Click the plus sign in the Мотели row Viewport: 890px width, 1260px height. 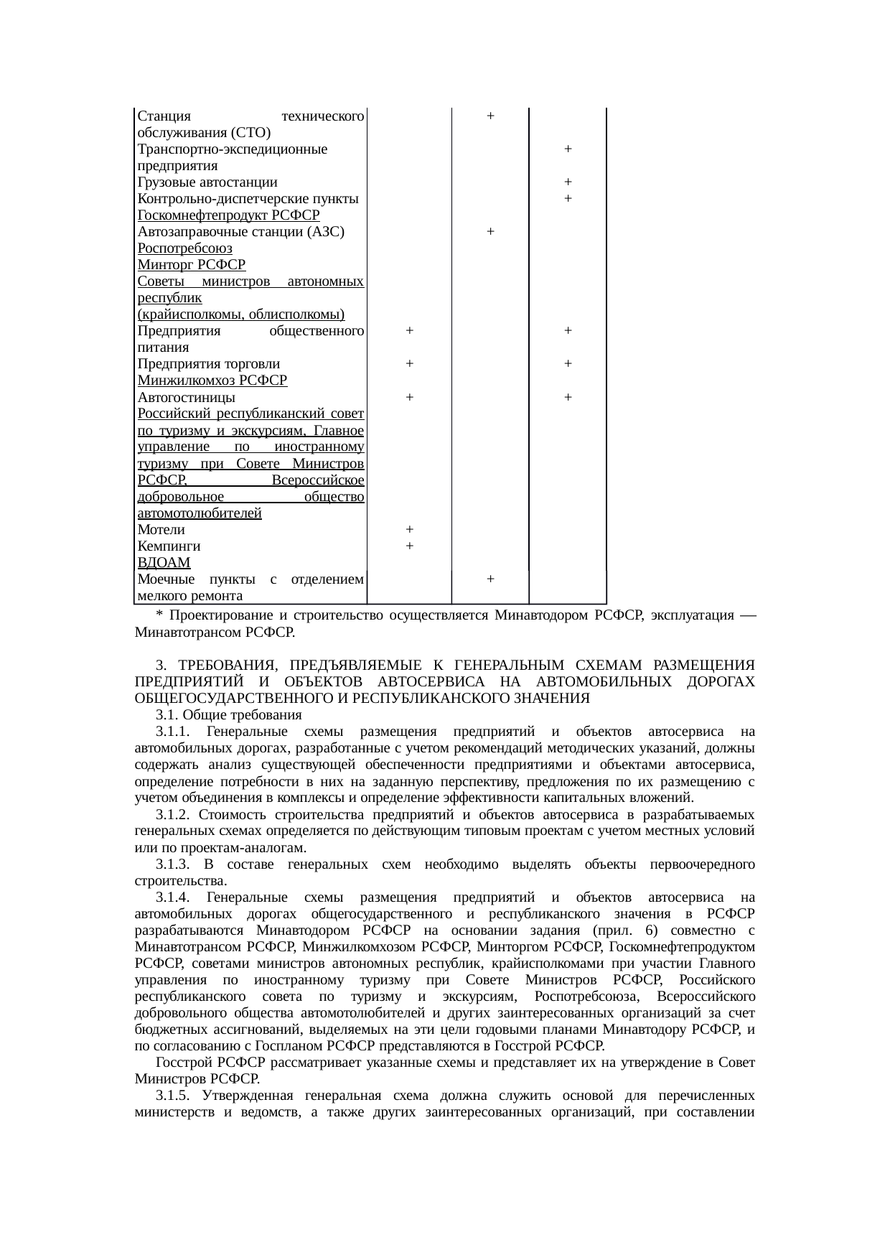[408, 529]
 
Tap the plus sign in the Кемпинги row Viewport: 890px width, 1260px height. [408, 546]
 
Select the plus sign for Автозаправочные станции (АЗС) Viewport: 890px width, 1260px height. [489, 231]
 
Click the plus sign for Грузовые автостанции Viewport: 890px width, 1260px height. [568, 182]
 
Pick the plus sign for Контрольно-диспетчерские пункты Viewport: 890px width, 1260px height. [568, 198]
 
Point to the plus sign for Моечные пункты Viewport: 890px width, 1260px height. [489, 579]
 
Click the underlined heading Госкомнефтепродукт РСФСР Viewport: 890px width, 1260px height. [228, 215]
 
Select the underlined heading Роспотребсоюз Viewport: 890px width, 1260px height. [184, 248]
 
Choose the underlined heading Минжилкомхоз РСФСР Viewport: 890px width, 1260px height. [212, 381]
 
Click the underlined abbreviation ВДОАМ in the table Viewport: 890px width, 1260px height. [164, 563]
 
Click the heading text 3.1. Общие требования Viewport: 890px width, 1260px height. [229, 715]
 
